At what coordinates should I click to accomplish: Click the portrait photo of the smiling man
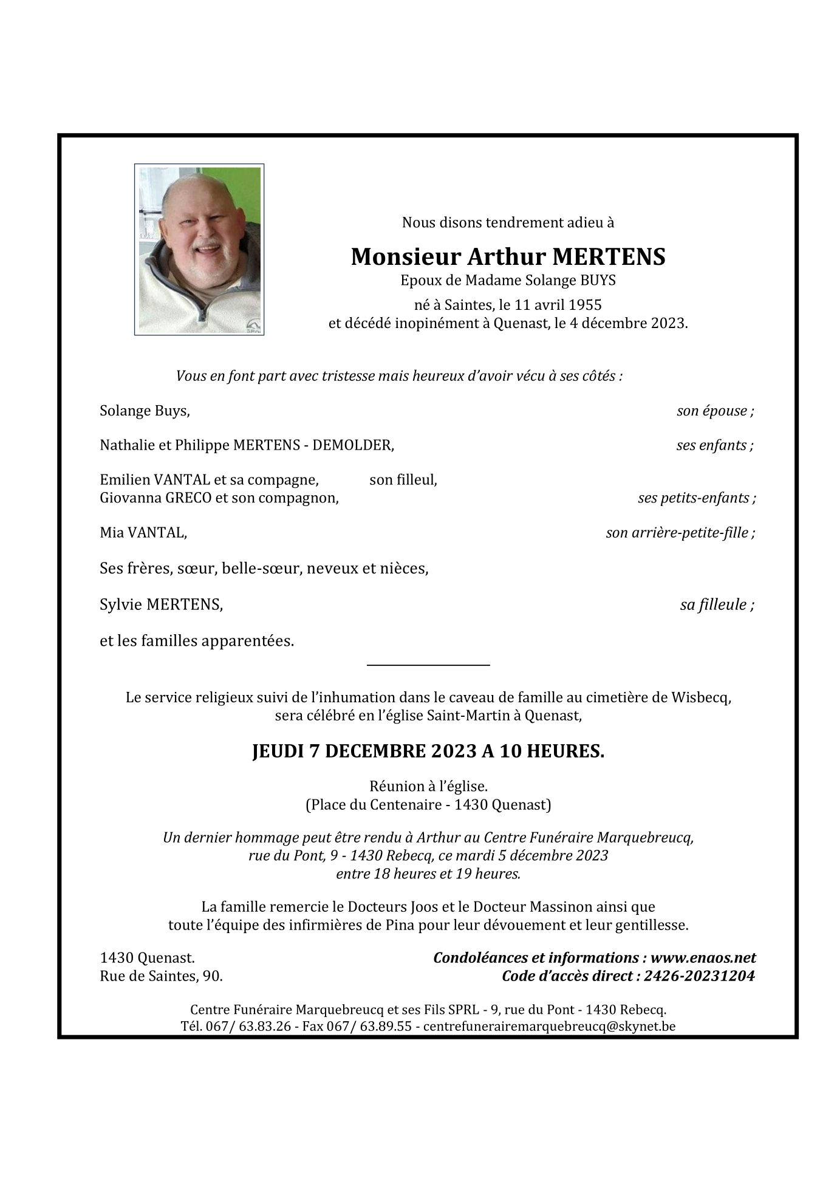(199, 249)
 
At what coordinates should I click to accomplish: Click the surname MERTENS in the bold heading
(609, 257)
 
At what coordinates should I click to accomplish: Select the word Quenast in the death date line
(520, 323)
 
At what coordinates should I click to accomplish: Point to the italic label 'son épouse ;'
(715, 411)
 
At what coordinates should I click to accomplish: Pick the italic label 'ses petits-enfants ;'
(696, 498)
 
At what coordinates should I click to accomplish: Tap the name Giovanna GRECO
(155, 498)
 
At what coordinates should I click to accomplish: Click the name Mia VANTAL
(143, 533)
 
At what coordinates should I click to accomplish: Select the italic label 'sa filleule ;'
(717, 604)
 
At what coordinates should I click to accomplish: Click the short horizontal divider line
(428, 665)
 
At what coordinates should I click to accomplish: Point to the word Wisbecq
(700, 697)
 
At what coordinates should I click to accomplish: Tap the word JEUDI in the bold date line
(278, 751)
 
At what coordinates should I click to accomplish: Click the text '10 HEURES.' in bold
(552, 751)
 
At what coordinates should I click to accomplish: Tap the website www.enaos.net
(703, 958)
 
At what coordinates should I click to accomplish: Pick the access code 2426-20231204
(699, 976)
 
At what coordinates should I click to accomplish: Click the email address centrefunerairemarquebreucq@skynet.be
(549, 1026)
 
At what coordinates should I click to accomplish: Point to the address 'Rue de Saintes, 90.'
(161, 976)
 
